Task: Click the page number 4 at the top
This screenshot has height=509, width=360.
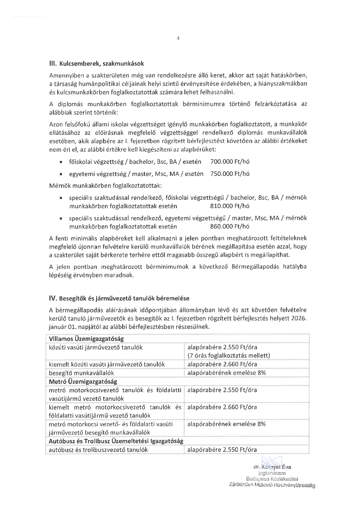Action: [x=178, y=38]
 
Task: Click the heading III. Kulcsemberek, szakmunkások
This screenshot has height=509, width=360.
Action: [x=96, y=64]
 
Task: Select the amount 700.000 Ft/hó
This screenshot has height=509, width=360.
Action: [x=230, y=162]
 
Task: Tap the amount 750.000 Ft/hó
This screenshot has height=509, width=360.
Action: [x=230, y=174]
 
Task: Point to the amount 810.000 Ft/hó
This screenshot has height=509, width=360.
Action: [x=230, y=206]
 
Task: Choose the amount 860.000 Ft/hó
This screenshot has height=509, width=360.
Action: [x=230, y=226]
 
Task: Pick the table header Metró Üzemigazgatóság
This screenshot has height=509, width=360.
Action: [x=83, y=381]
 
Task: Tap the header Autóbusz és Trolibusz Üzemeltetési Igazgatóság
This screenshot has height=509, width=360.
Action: [x=116, y=441]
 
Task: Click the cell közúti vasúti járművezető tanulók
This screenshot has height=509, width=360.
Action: [x=96, y=347]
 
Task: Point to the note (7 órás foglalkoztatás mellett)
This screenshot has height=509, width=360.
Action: [x=229, y=355]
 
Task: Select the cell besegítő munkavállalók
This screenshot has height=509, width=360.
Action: [x=81, y=373]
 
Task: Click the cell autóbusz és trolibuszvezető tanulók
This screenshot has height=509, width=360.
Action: [x=98, y=449]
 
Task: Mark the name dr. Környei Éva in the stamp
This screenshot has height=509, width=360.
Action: [x=272, y=467]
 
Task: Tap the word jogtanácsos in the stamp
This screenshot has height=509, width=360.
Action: [x=272, y=473]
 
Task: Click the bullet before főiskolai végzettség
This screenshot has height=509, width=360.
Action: [x=61, y=162]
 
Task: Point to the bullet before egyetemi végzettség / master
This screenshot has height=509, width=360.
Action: [x=61, y=174]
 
